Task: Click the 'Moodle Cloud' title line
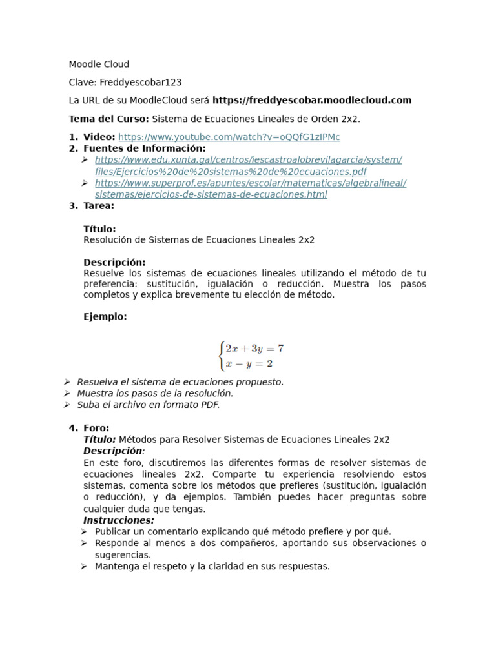[x=99, y=64]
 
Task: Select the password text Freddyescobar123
[x=140, y=82]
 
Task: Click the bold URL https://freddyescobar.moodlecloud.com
[x=311, y=100]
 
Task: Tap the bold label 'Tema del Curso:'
[x=108, y=119]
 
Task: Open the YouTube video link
[x=229, y=137]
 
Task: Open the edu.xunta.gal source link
[x=248, y=165]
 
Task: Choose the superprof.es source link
[x=250, y=188]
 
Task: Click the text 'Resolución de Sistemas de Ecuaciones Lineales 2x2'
[x=199, y=239]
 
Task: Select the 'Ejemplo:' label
[x=105, y=316]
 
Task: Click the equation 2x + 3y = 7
[x=254, y=349]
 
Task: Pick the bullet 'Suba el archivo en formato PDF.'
[x=149, y=405]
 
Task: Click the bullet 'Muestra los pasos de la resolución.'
[x=155, y=393]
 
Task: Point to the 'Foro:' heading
[x=96, y=428]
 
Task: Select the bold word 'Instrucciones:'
[x=119, y=520]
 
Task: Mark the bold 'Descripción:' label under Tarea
[x=114, y=262]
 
